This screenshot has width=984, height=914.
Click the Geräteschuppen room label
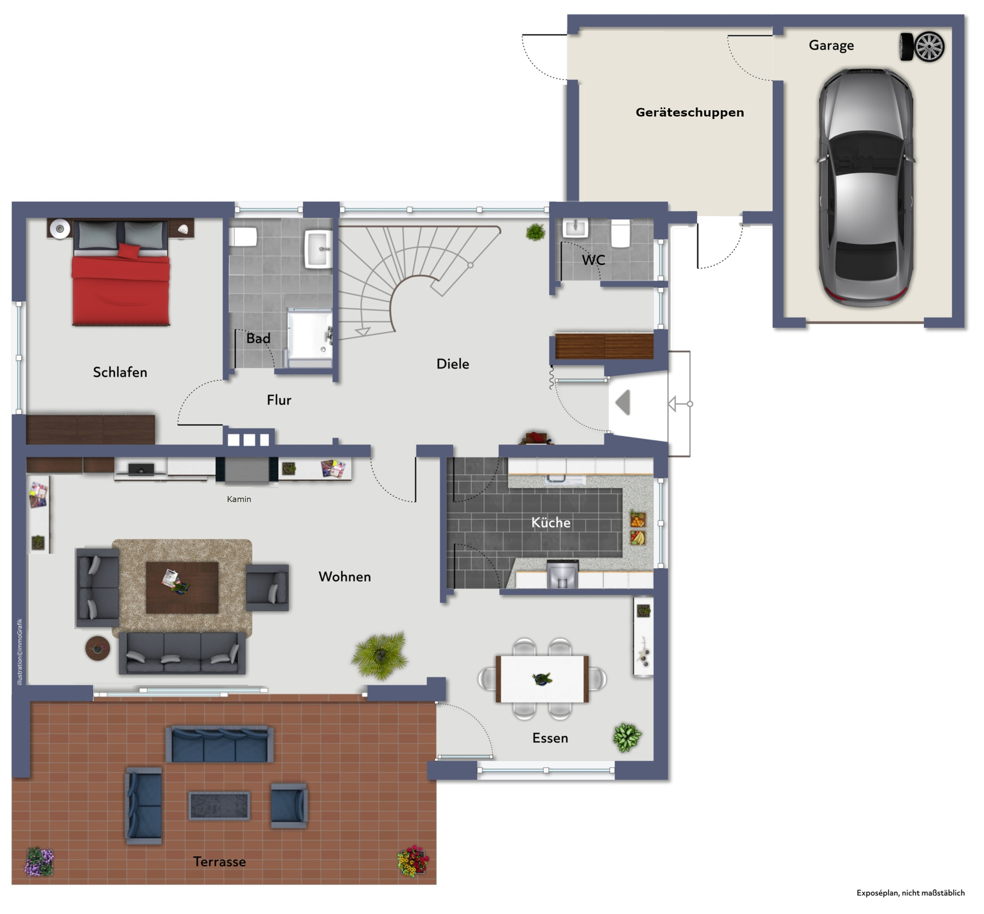689,113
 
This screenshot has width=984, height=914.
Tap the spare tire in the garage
922,47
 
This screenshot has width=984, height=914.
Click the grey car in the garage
866,188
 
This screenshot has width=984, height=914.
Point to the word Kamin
239,499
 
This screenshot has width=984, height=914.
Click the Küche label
550,523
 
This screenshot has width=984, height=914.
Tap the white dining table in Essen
542,679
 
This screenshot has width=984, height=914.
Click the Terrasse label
219,862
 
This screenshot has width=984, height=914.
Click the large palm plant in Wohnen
380,655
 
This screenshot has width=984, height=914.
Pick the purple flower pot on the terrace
39,861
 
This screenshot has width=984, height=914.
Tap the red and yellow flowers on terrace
413,861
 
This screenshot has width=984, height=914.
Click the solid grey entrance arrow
623,403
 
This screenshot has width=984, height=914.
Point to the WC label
593,260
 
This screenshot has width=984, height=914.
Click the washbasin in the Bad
318,249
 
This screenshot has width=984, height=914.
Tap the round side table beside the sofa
97,648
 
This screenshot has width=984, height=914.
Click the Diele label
453,364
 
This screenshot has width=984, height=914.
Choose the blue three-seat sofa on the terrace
219,744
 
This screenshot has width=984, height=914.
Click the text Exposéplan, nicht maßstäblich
910,893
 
